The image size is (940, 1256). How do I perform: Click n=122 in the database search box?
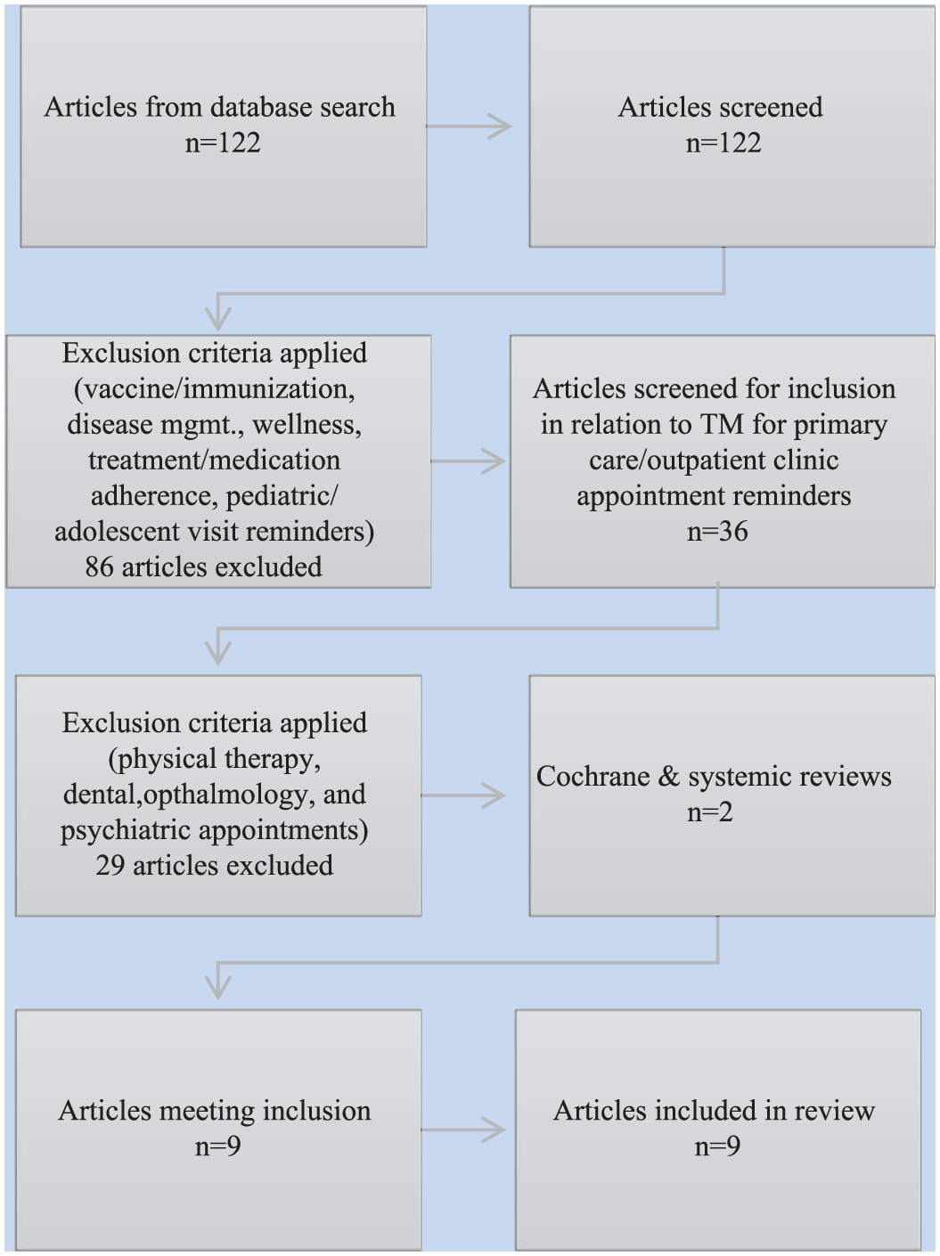point(223,143)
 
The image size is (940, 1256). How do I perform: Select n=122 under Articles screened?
point(723,143)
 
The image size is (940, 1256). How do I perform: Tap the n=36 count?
point(717,532)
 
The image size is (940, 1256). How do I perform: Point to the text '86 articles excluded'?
point(204,567)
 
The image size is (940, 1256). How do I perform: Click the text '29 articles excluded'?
point(214,865)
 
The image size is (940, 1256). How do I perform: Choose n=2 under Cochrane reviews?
point(710,812)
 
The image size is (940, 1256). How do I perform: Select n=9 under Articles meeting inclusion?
point(217,1146)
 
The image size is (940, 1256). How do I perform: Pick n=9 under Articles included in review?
point(717,1146)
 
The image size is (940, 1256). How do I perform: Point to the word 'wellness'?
point(307,425)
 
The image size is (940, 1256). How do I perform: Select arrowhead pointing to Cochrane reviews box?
point(494,795)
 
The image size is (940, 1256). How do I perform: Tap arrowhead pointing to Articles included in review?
point(494,1130)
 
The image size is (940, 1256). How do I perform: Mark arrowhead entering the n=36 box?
point(494,461)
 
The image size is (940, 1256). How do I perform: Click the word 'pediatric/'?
point(282,496)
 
